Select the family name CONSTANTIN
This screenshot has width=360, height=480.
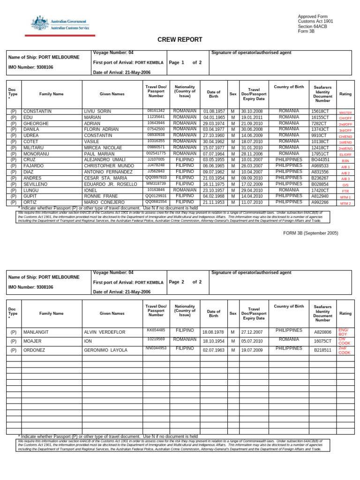coord(37,112)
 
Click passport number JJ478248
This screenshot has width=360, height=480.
coord(156,165)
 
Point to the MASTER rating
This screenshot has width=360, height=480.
coord(345,113)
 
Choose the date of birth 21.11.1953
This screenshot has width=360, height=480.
coord(214,202)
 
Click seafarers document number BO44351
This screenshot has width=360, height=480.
coord(320,160)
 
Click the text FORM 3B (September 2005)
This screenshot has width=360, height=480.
coord(311,233)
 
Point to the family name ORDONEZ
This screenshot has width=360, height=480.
coord(35,350)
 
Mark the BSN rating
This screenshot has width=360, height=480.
coord(345,161)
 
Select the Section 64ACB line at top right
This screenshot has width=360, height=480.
coord(313,27)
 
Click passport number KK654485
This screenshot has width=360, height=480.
coord(156,330)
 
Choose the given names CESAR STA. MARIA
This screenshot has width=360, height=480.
coord(105,178)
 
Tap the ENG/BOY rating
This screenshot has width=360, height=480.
coord(344,332)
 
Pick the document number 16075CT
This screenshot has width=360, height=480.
coord(322,341)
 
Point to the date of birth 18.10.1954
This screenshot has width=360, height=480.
coord(213,341)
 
